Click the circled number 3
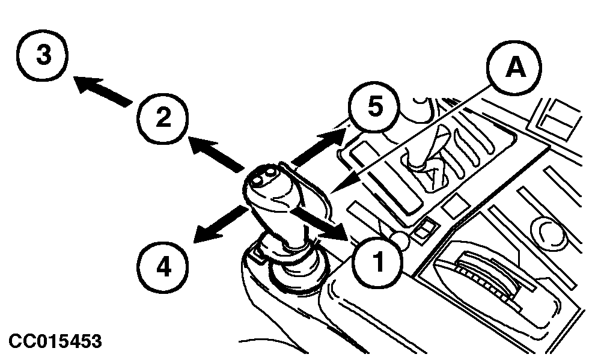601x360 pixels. pos(43,55)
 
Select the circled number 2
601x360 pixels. pos(163,118)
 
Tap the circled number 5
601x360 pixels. pos(374,106)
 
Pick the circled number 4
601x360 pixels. pos(163,267)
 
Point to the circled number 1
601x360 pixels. pos(377,262)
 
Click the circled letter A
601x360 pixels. pos(514,68)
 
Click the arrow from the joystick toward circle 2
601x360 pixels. pos(216,153)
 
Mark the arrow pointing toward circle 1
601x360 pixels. pos(320,224)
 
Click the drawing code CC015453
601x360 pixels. pos(55,341)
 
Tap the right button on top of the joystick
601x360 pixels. pos(269,172)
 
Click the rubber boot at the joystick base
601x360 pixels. pos(293,264)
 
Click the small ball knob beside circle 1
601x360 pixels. pos(400,239)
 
